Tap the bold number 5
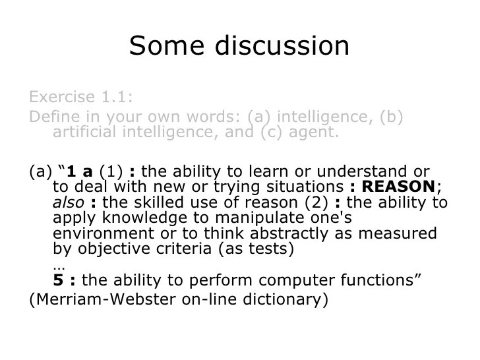click(57, 279)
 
